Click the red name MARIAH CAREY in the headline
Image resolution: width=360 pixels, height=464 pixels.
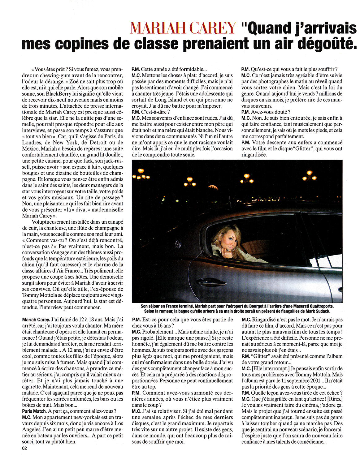[183, 28]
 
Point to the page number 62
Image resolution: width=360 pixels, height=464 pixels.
[25, 448]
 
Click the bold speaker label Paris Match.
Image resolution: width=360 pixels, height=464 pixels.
[34, 411]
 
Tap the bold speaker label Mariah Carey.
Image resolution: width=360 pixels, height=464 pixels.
[36, 320]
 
